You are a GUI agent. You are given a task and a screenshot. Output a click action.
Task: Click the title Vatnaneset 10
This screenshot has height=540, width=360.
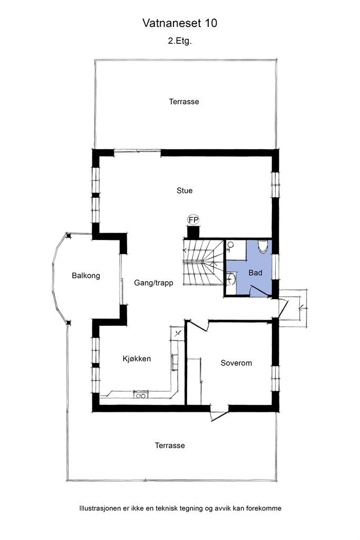(180, 23)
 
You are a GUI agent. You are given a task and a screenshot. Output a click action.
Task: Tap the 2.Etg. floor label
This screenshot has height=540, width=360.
(180, 41)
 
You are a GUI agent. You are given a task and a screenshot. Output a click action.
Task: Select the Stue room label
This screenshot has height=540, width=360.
(184, 190)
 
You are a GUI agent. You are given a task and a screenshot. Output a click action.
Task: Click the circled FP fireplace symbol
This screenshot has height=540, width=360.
(193, 219)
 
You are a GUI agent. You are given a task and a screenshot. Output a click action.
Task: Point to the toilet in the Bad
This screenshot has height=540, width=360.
(263, 246)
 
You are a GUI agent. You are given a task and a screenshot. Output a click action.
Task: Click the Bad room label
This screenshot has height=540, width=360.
(255, 273)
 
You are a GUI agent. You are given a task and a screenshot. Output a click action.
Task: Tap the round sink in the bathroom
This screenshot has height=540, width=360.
(231, 278)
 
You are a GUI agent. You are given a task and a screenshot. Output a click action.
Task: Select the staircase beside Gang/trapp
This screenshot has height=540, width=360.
(203, 262)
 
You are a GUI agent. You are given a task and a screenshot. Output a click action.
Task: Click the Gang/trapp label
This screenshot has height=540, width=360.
(153, 283)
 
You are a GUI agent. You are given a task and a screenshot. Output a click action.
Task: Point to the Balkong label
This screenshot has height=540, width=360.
(86, 275)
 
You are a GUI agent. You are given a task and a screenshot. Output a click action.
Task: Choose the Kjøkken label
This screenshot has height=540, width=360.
(137, 359)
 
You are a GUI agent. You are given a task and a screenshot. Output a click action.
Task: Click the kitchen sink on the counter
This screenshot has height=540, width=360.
(141, 395)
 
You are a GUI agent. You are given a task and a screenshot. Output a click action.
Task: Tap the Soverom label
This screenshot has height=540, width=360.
(236, 363)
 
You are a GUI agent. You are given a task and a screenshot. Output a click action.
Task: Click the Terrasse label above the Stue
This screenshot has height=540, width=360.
(184, 102)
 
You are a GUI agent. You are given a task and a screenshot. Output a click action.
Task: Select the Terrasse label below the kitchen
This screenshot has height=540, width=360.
(170, 445)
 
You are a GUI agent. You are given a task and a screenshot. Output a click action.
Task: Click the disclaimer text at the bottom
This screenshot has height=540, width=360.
(180, 508)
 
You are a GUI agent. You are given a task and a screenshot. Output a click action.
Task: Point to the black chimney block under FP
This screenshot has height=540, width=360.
(193, 232)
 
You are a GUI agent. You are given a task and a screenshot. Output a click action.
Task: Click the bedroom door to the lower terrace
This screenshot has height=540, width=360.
(219, 414)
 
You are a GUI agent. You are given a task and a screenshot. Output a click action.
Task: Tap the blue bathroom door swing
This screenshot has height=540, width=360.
(258, 292)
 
